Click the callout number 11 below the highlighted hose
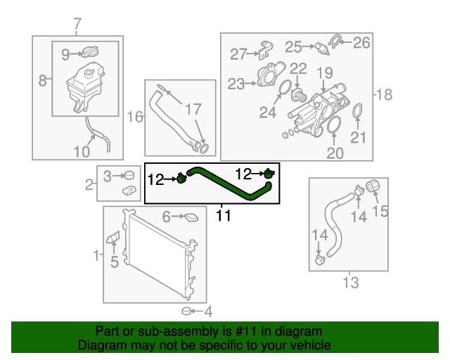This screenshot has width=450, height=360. pos(223,216)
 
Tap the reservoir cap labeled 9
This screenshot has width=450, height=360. pos(90,53)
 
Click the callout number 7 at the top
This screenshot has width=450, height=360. pos(77,25)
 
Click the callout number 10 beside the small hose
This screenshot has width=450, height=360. pos(82,151)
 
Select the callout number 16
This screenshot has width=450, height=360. pos(134,116)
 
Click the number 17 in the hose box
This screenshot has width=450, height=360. pos(193,110)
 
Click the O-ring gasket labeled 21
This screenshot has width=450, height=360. pos(357,112)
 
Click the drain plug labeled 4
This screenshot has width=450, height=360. pos(187,311)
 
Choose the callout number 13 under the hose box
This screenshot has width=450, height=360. pos(350,283)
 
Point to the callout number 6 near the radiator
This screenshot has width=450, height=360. pos(167,217)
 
